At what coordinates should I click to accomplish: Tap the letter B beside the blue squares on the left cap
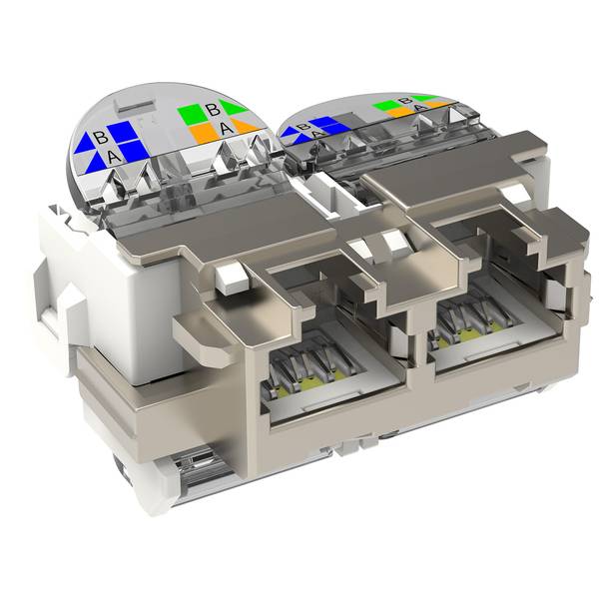tap(101, 137)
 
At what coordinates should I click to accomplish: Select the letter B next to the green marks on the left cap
tap(212, 111)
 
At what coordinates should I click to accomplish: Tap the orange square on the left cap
tap(202, 132)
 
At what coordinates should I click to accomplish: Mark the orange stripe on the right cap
tap(399, 112)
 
